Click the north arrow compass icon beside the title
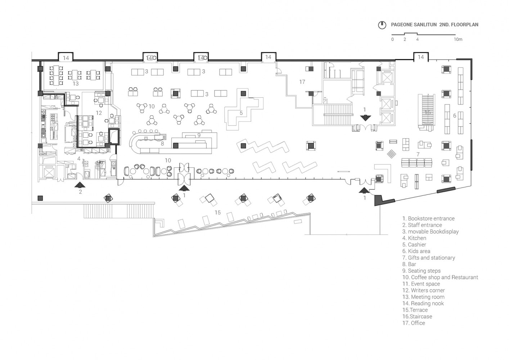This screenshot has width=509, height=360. click(x=382, y=25)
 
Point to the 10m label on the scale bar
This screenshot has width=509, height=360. click(x=458, y=39)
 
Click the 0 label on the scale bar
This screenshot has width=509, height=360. click(x=392, y=39)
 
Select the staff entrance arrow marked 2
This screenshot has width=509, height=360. click(x=80, y=185)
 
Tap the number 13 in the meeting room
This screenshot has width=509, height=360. click(x=75, y=84)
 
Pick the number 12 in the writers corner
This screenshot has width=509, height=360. click(x=99, y=113)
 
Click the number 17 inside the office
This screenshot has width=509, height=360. click(x=302, y=82)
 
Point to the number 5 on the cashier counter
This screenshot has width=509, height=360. click(x=241, y=113)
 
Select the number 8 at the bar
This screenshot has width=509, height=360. click(x=162, y=143)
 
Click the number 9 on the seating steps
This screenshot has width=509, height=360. click(x=199, y=135)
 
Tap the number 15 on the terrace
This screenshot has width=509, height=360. click(x=217, y=212)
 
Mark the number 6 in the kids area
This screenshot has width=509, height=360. click(x=455, y=116)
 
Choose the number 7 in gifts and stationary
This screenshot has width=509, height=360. click(x=418, y=154)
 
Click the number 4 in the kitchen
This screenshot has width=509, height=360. click(x=78, y=158)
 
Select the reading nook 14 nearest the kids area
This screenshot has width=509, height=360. click(x=420, y=57)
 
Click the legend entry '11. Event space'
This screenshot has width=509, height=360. click(x=421, y=284)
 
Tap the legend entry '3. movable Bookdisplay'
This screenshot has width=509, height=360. click(x=430, y=231)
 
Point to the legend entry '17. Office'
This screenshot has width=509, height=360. click(x=414, y=323)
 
